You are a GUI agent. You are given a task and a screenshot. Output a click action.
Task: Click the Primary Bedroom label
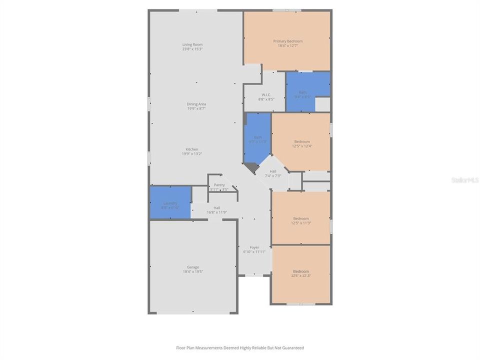pyautogui.click(x=287, y=41)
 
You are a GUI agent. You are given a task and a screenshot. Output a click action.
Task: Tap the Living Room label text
pyautogui.click(x=192, y=44)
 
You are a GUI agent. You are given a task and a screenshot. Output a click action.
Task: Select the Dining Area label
pyautogui.click(x=196, y=104)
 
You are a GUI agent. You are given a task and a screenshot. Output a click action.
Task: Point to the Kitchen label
pyautogui.click(x=192, y=149)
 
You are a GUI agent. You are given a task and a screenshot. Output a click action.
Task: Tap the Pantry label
pyautogui.click(x=219, y=185)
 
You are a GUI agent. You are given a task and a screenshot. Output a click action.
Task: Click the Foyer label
pyautogui.click(x=254, y=247)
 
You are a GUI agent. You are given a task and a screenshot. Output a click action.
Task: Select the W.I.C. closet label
pyautogui.click(x=265, y=94)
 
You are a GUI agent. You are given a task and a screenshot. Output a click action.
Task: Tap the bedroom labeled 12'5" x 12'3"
pyautogui.click(x=301, y=273)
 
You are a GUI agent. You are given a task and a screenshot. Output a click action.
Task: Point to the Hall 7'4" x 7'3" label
pyautogui.click(x=273, y=173)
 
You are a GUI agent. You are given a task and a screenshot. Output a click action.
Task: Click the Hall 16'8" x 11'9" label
pyautogui.click(x=217, y=210)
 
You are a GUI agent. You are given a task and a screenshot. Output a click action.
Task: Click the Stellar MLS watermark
pyautogui.click(x=464, y=179)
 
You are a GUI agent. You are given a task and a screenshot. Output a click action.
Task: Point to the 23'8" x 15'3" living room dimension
pyautogui.click(x=192, y=49)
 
